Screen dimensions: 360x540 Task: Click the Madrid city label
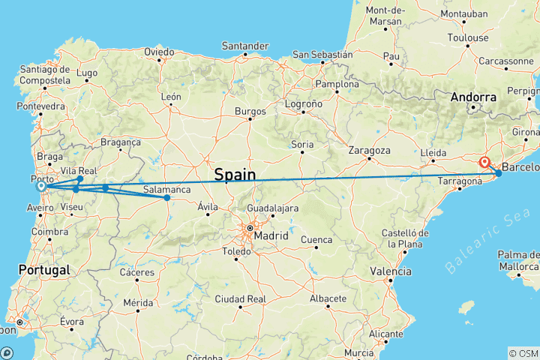(x=271, y=235)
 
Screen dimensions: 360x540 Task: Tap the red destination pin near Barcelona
(x=485, y=162)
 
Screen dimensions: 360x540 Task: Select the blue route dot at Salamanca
(x=166, y=198)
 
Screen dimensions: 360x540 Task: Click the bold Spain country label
(x=235, y=175)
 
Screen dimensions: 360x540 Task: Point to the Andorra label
(x=474, y=97)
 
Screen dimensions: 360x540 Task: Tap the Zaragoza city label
(x=370, y=150)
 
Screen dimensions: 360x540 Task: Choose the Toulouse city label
(x=468, y=37)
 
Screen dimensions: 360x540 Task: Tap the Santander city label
(x=245, y=46)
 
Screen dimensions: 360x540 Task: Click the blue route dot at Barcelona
(x=498, y=174)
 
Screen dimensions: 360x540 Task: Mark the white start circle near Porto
(x=40, y=187)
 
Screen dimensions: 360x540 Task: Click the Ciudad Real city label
(x=241, y=298)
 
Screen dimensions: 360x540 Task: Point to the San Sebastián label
(x=322, y=54)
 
